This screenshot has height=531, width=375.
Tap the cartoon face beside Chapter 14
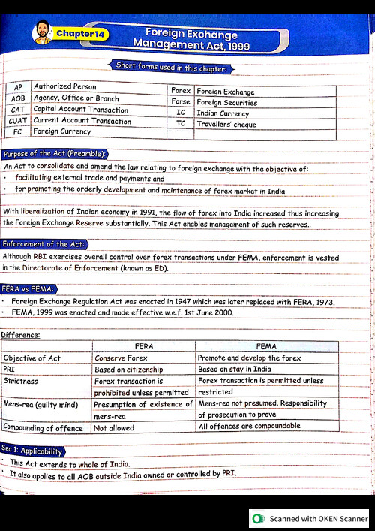click(x=42, y=32)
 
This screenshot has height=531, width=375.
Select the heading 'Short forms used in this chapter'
click(x=172, y=68)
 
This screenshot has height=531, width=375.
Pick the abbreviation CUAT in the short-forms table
click(x=17, y=121)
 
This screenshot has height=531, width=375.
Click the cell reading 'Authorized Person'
click(x=65, y=87)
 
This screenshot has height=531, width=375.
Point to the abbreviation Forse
click(x=181, y=102)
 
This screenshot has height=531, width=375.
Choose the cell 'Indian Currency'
click(x=223, y=113)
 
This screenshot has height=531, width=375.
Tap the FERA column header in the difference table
click(x=143, y=347)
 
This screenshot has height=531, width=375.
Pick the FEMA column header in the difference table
click(x=265, y=347)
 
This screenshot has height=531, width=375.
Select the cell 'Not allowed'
click(x=114, y=428)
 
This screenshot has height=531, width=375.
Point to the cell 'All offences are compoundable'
click(x=249, y=426)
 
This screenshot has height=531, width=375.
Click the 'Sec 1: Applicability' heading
click(x=32, y=451)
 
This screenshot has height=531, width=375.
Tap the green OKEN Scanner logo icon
click(x=259, y=518)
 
